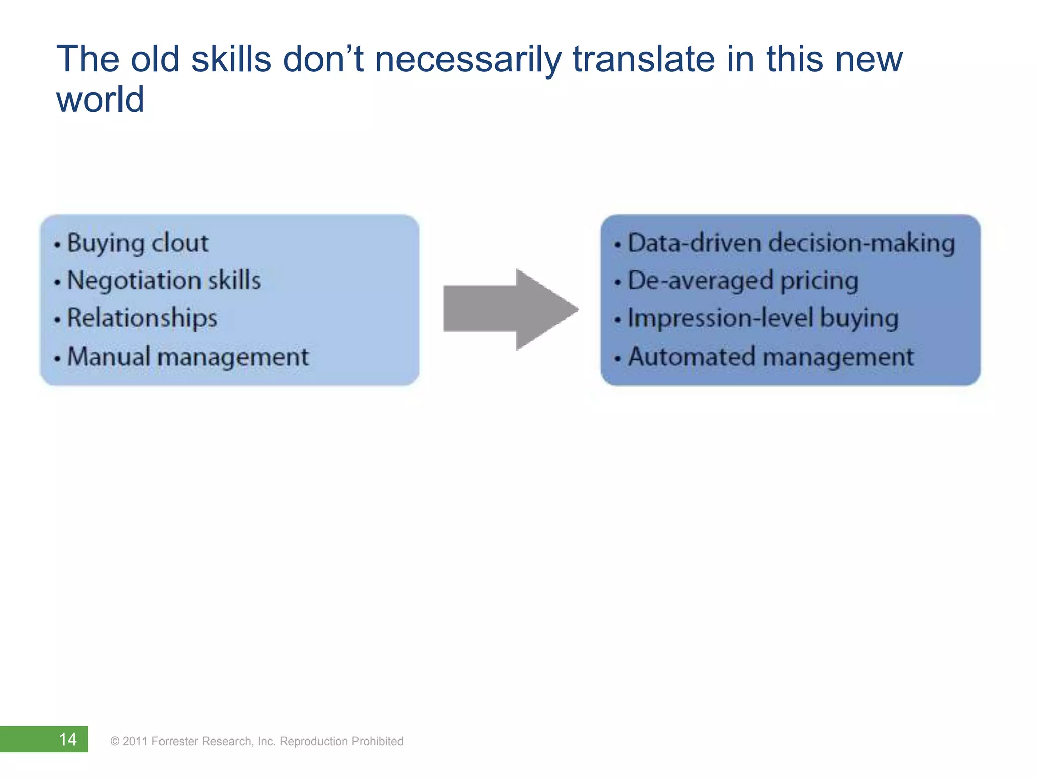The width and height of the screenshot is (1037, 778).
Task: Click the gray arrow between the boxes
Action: [509, 309]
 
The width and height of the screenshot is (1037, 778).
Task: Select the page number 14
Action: [68, 739]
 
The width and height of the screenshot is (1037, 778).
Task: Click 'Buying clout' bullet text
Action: [137, 243]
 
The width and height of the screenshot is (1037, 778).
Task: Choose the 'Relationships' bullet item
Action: [142, 318]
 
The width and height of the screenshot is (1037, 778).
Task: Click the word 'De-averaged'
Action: [700, 281]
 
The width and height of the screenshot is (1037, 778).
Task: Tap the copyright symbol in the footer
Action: [115, 742]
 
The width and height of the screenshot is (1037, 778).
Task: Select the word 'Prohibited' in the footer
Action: [377, 742]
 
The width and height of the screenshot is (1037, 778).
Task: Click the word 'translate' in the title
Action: [644, 59]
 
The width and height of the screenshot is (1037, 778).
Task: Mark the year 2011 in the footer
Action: [135, 742]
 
